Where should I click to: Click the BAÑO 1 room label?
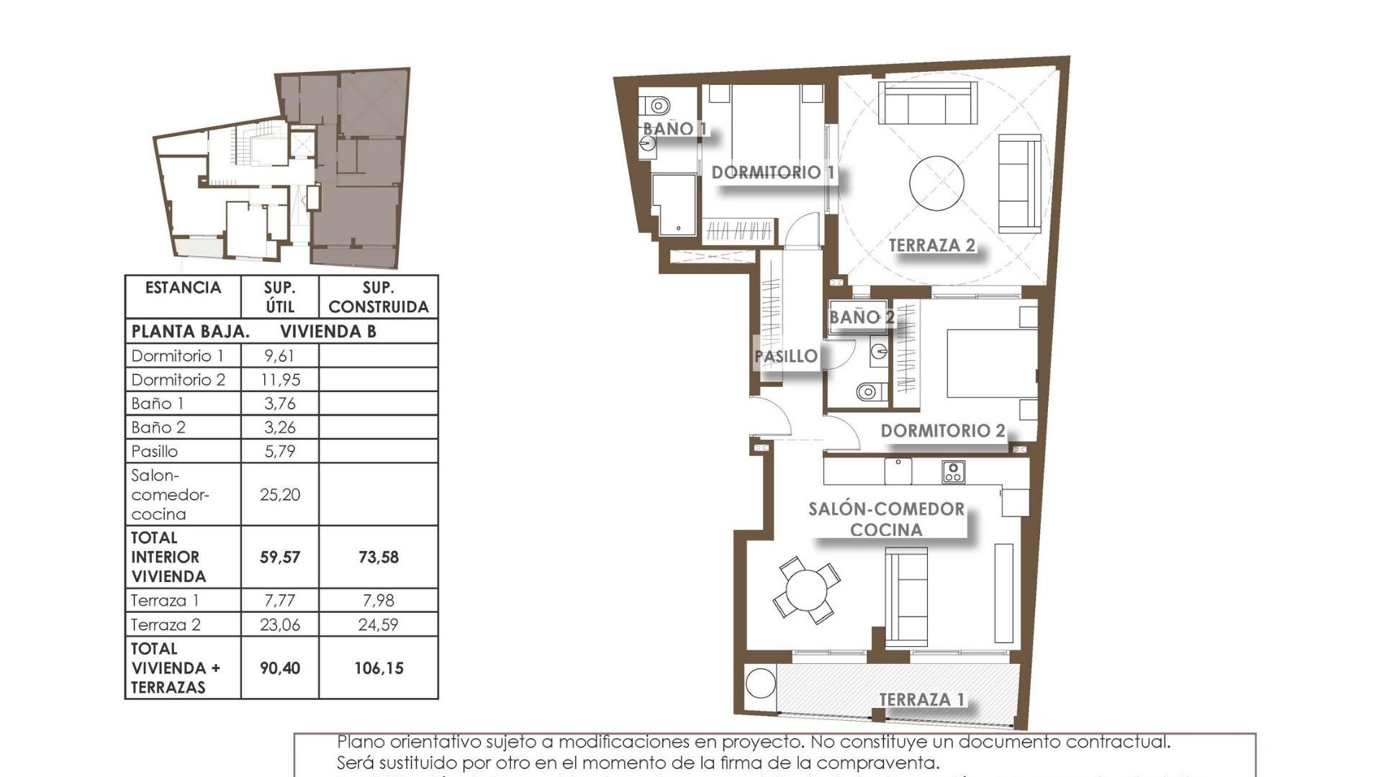(x=674, y=129)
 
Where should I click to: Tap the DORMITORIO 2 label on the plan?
(x=942, y=431)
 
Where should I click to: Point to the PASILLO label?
(x=785, y=356)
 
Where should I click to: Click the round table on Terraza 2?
(x=936, y=183)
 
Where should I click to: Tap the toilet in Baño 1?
(x=656, y=106)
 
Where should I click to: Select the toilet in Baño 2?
(x=868, y=392)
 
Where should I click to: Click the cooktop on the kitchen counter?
(x=953, y=472)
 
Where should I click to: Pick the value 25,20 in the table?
(x=280, y=495)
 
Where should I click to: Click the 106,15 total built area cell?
(x=379, y=668)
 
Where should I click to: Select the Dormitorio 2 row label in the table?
(x=179, y=380)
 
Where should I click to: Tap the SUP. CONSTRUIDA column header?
(x=379, y=297)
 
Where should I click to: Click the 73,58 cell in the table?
(x=379, y=558)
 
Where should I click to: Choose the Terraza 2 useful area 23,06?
(x=280, y=625)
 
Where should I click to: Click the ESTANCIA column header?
(x=183, y=288)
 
